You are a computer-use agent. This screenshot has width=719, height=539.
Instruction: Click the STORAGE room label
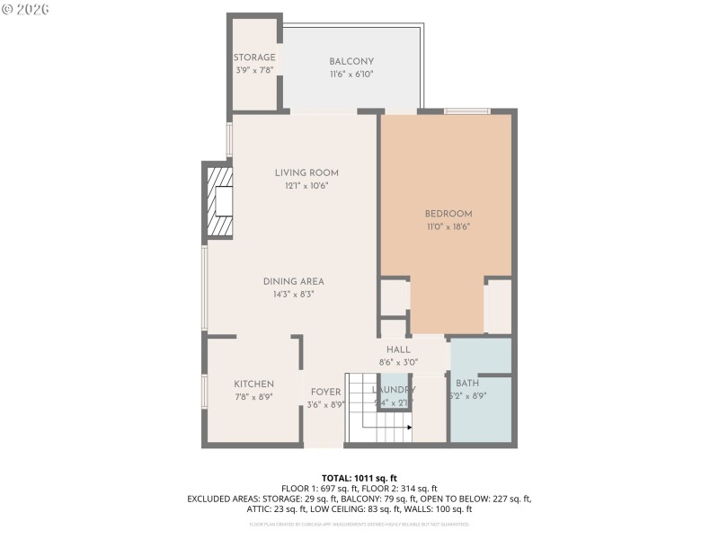[x=254, y=57]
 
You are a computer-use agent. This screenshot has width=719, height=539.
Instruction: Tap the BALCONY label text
[x=351, y=61]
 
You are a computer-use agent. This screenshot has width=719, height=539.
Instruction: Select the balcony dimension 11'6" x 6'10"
[x=351, y=75]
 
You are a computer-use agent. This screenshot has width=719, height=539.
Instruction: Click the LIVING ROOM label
[x=306, y=172]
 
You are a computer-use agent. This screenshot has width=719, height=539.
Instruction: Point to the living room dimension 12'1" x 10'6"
[x=306, y=186]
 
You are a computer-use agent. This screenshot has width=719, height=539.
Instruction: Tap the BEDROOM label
[x=448, y=213]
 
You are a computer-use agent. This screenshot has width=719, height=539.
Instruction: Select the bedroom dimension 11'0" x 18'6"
[x=448, y=226]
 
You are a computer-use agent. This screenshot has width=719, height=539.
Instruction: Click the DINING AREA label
[x=293, y=280]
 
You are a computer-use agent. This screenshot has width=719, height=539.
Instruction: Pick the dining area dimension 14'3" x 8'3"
[x=293, y=294]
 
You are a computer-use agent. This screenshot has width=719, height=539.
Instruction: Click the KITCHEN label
[x=253, y=384]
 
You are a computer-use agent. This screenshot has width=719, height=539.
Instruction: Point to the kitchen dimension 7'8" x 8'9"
[x=253, y=397]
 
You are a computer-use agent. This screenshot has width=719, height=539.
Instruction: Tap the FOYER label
[x=325, y=392]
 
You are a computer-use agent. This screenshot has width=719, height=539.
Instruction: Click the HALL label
[x=398, y=349]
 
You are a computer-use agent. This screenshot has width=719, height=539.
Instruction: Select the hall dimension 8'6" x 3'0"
[x=398, y=362]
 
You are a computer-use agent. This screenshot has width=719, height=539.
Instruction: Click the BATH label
[x=467, y=384]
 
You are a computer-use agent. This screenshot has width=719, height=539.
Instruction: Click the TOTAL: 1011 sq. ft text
[x=359, y=477]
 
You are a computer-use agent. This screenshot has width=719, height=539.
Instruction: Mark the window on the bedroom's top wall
[x=466, y=111]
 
